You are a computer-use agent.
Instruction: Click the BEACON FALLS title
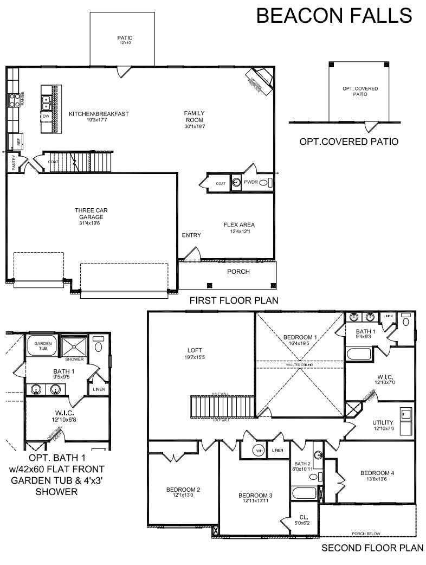point(334,15)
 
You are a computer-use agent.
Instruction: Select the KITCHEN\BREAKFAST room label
point(99,114)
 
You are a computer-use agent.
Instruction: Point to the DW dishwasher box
point(46,116)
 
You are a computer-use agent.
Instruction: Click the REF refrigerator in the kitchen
point(18,141)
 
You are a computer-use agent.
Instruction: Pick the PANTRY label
point(14,163)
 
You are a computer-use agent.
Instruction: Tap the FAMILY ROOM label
point(194,116)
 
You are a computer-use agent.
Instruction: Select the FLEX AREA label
point(239,224)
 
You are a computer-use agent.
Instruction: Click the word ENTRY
point(191,235)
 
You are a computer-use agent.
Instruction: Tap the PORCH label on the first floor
point(238,272)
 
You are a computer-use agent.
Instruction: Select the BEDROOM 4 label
point(377,473)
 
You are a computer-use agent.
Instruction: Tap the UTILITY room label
point(383,422)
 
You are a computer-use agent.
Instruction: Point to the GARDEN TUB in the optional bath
point(42,346)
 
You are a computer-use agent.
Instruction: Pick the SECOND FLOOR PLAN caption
point(372,548)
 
